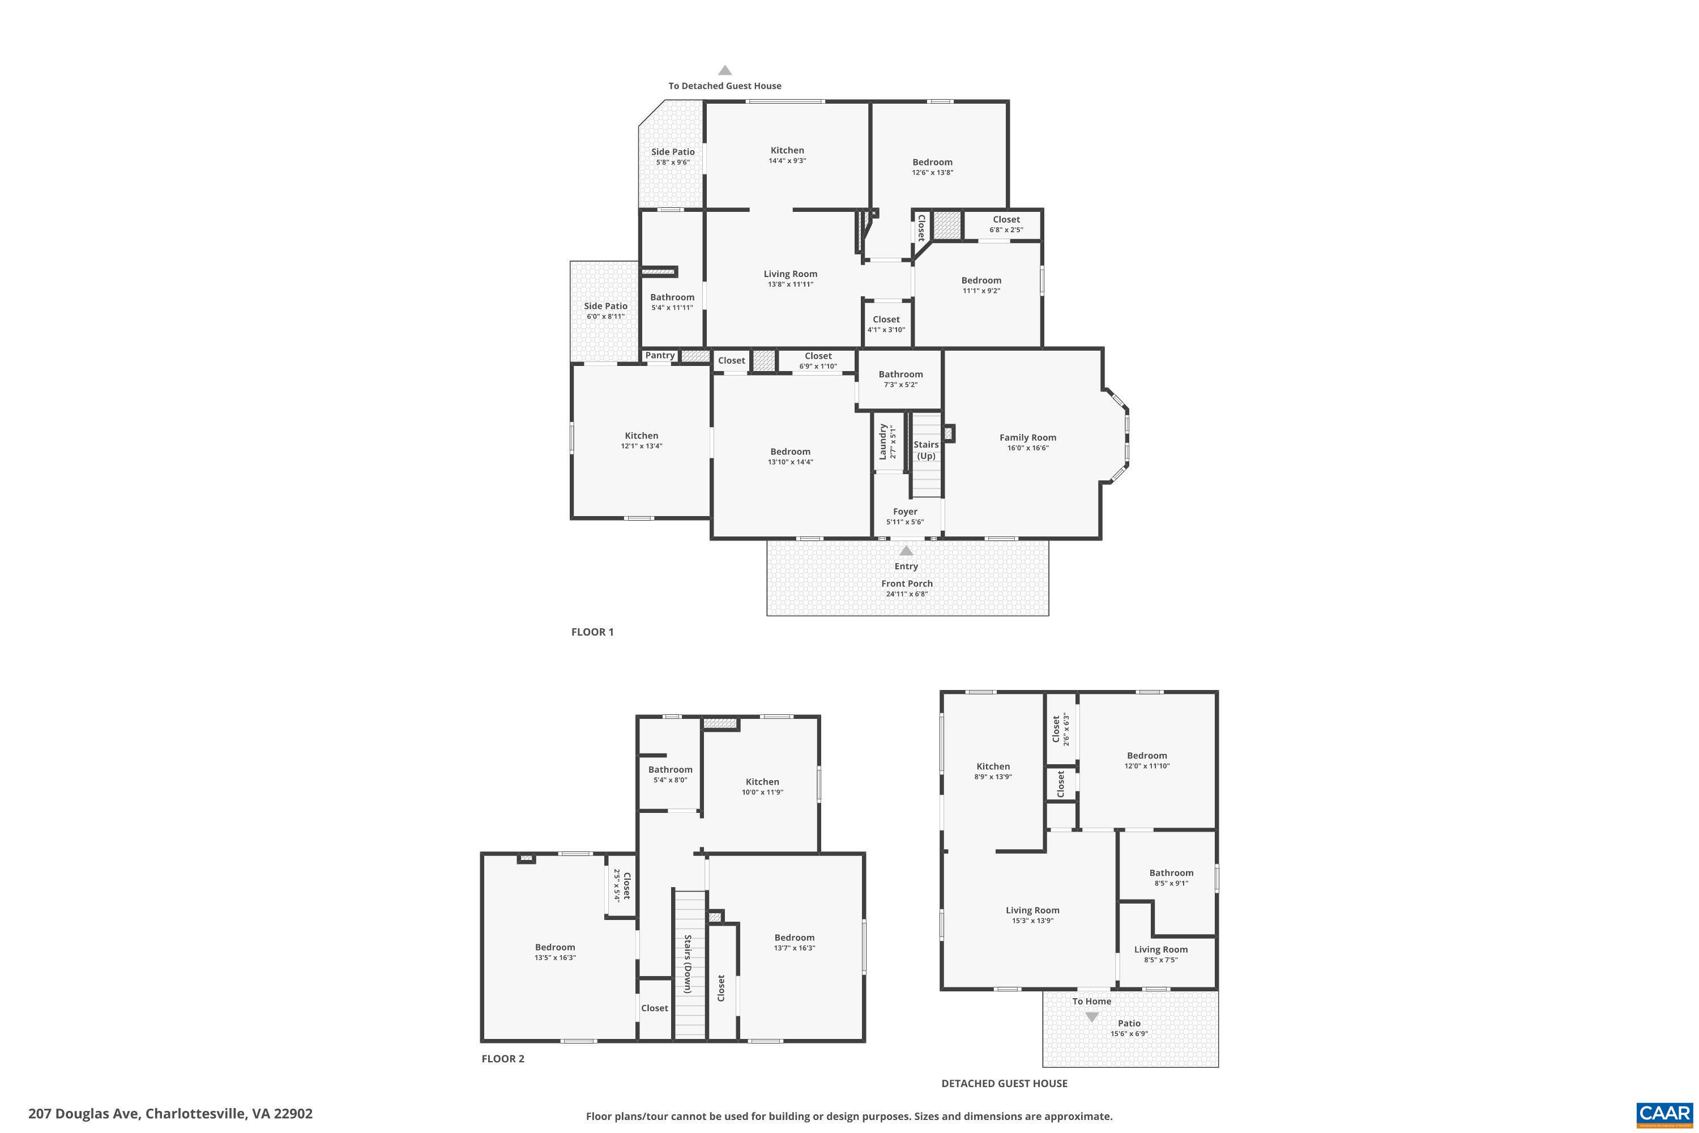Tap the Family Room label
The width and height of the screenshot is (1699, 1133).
click(1027, 437)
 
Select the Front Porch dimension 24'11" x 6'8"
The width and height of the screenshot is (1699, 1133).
click(907, 594)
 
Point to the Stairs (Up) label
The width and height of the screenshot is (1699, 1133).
click(925, 449)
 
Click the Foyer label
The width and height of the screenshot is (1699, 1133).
click(904, 512)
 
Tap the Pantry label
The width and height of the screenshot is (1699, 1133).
click(660, 356)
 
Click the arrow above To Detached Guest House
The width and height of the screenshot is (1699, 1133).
click(724, 70)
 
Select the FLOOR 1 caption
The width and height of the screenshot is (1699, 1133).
click(592, 632)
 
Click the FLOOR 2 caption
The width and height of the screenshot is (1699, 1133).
click(503, 1059)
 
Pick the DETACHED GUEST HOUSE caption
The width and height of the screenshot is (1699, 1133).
click(1004, 1083)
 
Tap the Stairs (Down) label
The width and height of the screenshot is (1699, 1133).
click(688, 964)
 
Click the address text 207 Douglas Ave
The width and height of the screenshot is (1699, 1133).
click(170, 1114)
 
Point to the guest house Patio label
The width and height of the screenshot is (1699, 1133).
click(1129, 1023)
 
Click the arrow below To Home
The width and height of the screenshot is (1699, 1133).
click(1091, 1017)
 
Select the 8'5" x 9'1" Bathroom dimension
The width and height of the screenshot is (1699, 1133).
click(1171, 883)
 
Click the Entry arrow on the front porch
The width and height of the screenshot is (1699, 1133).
click(906, 551)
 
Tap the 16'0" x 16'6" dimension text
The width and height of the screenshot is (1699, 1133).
click(1027, 448)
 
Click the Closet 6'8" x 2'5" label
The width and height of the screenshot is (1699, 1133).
click(1006, 220)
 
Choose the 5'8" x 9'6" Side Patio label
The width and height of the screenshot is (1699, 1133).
click(673, 152)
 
